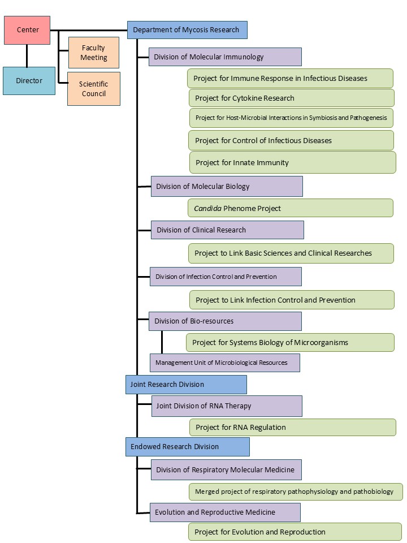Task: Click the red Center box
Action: (27, 30)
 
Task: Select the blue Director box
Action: (29, 80)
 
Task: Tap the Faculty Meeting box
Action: (94, 53)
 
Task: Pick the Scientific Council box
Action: (94, 89)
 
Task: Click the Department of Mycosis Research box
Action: (187, 30)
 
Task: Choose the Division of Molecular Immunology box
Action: (225, 57)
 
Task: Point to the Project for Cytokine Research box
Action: (291, 98)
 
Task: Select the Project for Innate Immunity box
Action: (292, 162)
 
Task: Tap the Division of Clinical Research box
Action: (227, 230)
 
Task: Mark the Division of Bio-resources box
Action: (225, 321)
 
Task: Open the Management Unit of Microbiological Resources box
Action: (224, 363)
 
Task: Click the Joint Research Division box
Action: (186, 385)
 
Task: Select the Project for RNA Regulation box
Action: (292, 427)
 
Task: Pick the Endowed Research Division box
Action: (187, 446)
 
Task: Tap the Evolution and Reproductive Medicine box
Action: (225, 512)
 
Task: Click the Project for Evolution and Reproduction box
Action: (295, 532)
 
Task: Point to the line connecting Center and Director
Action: (27, 55)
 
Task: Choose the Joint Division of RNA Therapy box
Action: (227, 406)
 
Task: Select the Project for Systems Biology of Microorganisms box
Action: (290, 342)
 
